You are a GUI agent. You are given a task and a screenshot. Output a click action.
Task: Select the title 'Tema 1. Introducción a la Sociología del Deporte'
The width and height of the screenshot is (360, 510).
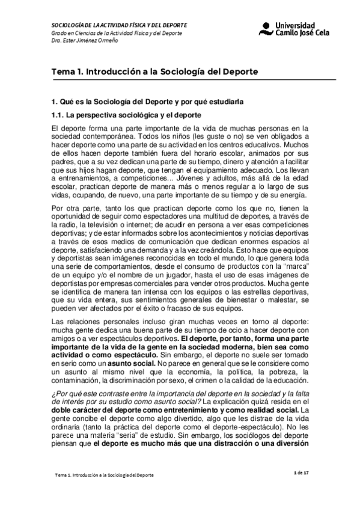pos(155,71)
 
